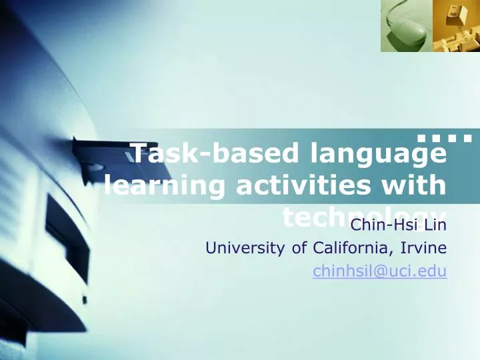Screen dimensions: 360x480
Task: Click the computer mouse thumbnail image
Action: tap(405, 26)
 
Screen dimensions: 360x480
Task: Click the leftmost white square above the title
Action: tap(421, 139)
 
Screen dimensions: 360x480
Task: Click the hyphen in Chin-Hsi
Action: tap(383, 225)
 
